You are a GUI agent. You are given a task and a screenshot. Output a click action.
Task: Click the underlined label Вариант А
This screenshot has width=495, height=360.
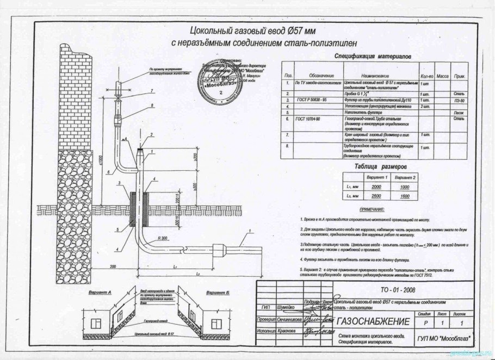pyautogui.click(x=98, y=291)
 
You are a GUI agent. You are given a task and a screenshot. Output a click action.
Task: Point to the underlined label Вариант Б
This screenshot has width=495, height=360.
pyautogui.click(x=218, y=291)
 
